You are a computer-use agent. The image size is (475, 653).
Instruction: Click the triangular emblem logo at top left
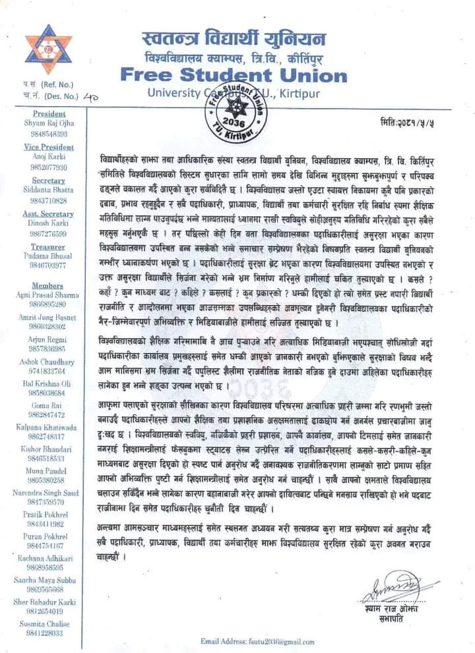pos(44,51)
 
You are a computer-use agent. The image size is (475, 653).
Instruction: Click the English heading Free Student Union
pos(234,74)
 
